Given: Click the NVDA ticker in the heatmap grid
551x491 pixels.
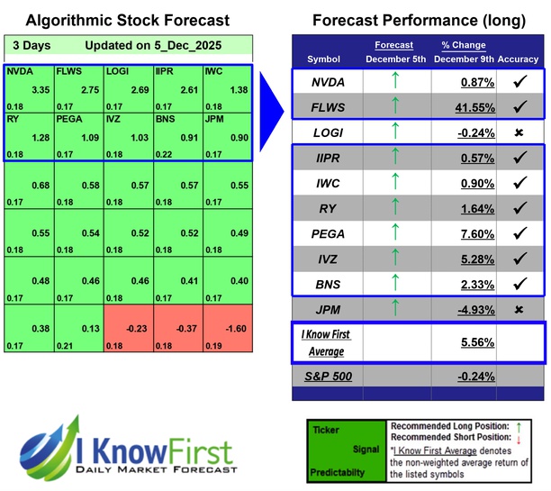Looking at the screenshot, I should click(18, 69).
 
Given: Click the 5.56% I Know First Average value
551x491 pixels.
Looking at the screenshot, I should click(465, 343).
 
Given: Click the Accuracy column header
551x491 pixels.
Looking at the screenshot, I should click(518, 59).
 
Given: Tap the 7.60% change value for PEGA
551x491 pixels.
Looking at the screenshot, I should click(465, 234).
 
